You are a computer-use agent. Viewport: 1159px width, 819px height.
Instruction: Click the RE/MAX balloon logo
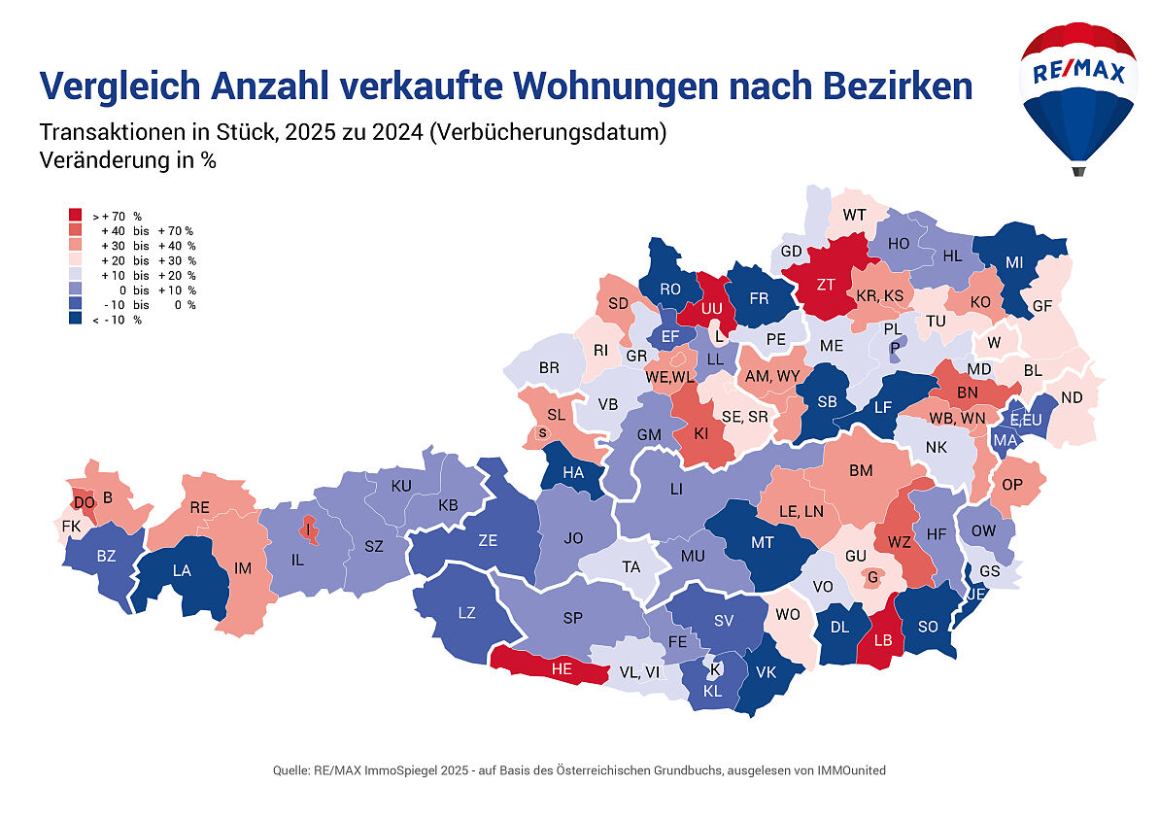point(1077,92)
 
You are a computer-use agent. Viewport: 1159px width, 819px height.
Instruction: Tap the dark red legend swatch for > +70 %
point(75,216)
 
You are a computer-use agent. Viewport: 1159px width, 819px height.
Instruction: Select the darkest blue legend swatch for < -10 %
point(75,320)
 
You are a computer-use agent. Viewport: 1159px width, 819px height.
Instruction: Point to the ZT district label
point(827,285)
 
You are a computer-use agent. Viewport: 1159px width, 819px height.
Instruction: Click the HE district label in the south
point(562,668)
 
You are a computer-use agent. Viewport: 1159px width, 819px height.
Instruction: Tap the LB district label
point(882,640)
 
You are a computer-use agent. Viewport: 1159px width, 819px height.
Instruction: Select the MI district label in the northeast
point(1014,262)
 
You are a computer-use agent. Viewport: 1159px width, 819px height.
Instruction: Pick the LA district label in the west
point(182,570)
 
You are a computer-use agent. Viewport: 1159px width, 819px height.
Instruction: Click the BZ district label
point(106,557)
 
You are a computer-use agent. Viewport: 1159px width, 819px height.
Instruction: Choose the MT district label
point(763,542)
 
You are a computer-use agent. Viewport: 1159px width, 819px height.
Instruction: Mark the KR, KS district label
point(879,295)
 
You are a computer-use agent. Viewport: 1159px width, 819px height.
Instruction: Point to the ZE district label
point(488,541)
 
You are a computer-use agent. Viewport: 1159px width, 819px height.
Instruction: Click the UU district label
point(712,308)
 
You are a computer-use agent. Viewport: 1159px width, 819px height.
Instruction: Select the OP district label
point(1012,485)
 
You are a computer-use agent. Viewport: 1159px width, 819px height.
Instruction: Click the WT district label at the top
point(855,215)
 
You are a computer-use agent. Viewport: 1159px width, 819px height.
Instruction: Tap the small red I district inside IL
point(309,529)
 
